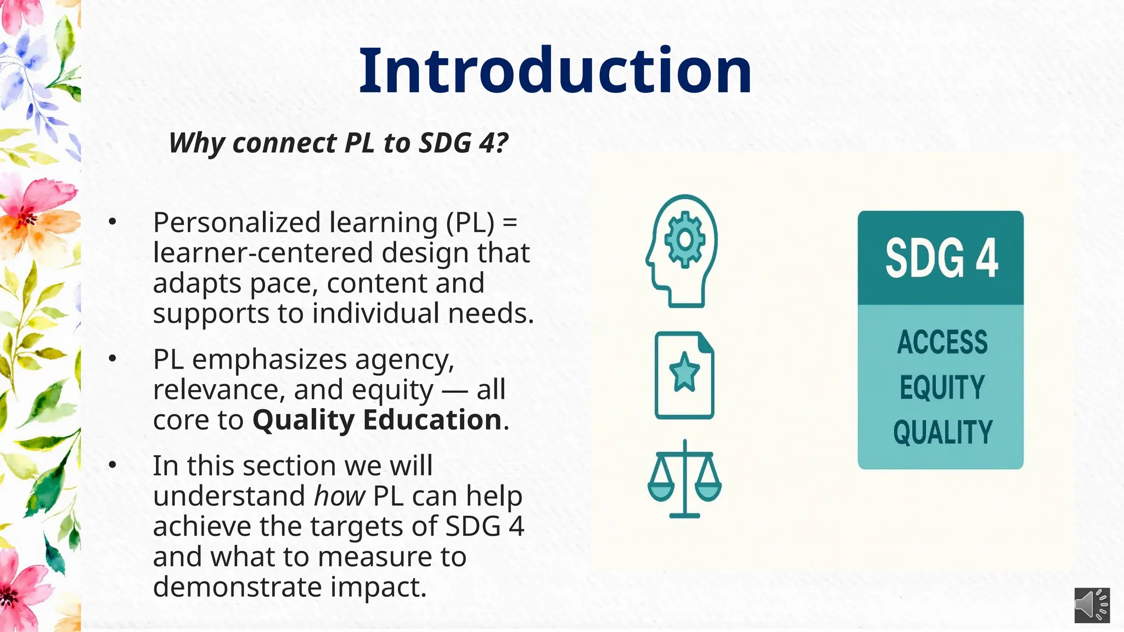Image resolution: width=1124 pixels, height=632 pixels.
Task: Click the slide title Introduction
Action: pos(555,71)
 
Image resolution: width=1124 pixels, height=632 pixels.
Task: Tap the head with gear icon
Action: pos(682,250)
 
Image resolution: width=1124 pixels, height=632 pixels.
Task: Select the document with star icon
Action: pos(684,375)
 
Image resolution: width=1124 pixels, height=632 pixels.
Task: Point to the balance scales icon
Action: pos(684,479)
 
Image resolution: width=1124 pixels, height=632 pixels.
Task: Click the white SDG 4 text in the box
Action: pos(941,258)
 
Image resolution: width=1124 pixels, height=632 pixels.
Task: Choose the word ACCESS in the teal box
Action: pos(942,342)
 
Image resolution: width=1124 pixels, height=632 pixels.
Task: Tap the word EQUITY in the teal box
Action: pos(942,387)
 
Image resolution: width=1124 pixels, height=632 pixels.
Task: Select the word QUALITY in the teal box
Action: pos(942,432)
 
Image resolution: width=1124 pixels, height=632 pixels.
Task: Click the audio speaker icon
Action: pos(1092,606)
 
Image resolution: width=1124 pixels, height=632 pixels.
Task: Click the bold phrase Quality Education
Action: pos(376,420)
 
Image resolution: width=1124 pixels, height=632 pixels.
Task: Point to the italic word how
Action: pos(339,496)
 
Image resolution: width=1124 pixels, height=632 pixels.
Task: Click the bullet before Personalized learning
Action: pos(113,222)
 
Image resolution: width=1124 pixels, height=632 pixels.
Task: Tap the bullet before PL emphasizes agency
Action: pos(113,359)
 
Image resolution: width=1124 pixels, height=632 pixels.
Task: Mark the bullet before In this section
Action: pos(113,465)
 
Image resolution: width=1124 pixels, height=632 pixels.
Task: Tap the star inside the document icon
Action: pos(684,373)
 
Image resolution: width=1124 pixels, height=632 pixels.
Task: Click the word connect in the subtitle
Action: pos(284,143)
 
